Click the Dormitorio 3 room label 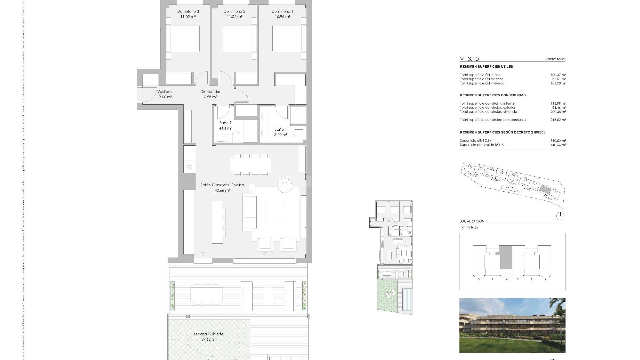(188, 11)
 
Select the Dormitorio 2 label (234, 11)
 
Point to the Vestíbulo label (165, 92)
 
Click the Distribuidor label (210, 92)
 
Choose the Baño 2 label (225, 123)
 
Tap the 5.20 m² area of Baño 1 (280, 135)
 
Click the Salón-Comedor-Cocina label (222, 185)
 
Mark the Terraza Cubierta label (208, 334)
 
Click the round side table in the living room (285, 185)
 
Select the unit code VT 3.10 (469, 59)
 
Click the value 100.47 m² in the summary (558, 75)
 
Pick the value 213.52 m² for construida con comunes (558, 120)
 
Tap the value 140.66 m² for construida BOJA (558, 145)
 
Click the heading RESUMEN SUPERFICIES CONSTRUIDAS (492, 95)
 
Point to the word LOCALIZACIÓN (472, 221)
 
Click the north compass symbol (560, 216)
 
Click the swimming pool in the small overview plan (407, 299)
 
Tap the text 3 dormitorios (555, 59)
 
